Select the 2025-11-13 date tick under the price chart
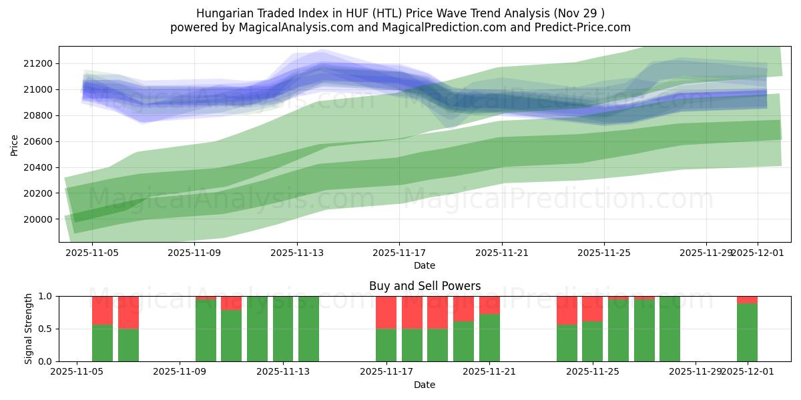click(x=297, y=253)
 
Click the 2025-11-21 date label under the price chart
click(x=502, y=253)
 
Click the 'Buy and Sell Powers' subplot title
click(x=425, y=286)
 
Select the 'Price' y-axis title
click(x=15, y=145)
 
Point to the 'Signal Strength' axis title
click(x=28, y=329)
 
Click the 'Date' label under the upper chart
click(x=425, y=265)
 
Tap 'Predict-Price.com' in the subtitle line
click(x=579, y=27)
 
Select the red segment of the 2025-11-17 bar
click(x=386, y=312)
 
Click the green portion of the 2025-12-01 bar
click(x=747, y=332)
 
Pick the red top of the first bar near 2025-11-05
click(x=102, y=310)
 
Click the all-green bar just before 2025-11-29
click(x=670, y=329)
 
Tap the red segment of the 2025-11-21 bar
click(x=489, y=305)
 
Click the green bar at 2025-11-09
click(x=206, y=331)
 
